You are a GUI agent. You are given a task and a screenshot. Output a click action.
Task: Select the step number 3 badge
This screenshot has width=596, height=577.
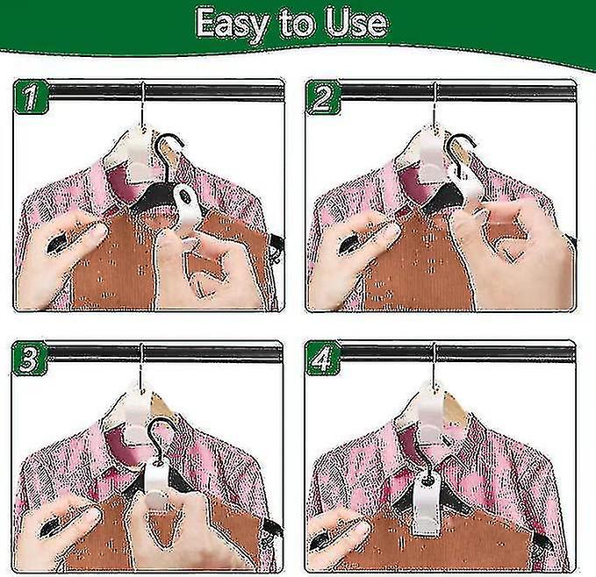[28, 360]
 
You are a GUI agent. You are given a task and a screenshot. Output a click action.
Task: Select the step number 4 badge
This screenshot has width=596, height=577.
[321, 360]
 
